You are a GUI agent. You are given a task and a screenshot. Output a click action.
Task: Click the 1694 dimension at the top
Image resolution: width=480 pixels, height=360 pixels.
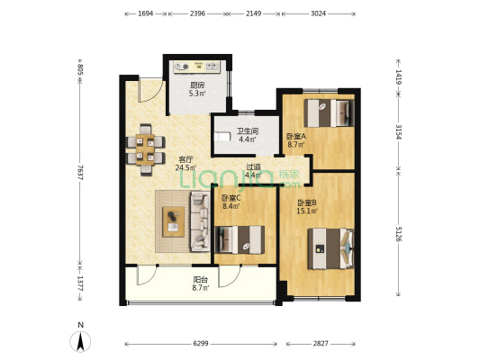click(145, 13)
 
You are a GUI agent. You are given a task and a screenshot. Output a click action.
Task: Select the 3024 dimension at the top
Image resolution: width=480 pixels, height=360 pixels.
click(319, 13)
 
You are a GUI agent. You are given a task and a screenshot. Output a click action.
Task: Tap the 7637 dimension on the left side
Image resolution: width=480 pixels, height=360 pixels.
click(80, 172)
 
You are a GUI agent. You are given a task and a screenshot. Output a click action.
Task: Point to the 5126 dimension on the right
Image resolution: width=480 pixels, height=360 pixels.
click(399, 234)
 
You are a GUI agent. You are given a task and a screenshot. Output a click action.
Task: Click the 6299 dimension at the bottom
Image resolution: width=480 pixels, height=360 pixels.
click(201, 344)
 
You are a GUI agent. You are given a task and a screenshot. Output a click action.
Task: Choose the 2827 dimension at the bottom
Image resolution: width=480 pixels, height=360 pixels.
click(321, 344)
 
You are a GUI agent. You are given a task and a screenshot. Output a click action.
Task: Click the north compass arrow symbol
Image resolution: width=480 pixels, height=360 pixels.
click(80, 342)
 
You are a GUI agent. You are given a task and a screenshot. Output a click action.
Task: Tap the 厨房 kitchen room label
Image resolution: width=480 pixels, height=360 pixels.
click(197, 85)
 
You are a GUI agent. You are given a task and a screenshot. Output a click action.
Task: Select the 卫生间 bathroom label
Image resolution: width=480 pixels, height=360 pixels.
click(248, 131)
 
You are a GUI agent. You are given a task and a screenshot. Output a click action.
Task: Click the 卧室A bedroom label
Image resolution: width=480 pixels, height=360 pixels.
click(296, 136)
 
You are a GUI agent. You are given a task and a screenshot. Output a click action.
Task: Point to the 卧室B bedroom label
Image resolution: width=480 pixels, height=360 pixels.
click(307, 202)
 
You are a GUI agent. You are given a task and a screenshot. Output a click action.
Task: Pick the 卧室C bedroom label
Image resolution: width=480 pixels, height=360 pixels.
click(231, 198)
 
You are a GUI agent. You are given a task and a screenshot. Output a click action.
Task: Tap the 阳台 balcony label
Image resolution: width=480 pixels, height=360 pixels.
click(201, 280)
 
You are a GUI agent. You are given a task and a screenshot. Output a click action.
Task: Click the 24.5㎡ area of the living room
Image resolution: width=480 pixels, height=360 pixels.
click(186, 167)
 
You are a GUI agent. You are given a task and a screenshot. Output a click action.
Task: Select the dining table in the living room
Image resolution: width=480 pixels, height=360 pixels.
click(146, 150)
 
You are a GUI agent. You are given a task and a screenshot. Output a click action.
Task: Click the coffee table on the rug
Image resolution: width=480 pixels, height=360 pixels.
click(173, 222)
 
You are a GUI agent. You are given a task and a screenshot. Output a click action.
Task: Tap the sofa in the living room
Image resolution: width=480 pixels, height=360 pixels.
click(200, 221)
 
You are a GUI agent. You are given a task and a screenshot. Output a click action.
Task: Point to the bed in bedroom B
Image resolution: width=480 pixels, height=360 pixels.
click(331, 248)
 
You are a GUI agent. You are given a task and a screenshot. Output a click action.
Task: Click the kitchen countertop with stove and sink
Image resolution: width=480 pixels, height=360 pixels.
click(196, 67)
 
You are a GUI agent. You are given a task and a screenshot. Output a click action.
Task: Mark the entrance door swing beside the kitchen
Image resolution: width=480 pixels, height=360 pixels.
click(150, 90)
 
